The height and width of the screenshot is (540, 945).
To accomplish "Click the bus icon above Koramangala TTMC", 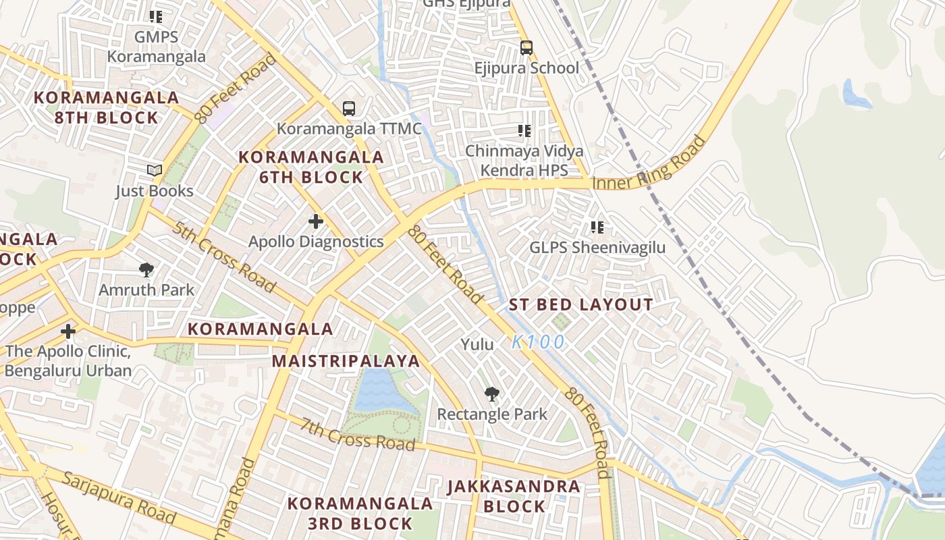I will pyautogui.click(x=348, y=108).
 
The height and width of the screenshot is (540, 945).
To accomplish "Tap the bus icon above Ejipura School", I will pyautogui.click(x=526, y=48).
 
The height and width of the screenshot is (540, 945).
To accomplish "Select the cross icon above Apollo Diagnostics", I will pyautogui.click(x=315, y=221).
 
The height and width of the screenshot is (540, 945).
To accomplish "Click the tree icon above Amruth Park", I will pyautogui.click(x=146, y=270).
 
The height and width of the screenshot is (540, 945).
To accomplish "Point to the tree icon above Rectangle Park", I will pyautogui.click(x=492, y=394).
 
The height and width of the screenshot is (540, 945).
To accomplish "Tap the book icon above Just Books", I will pyautogui.click(x=155, y=170).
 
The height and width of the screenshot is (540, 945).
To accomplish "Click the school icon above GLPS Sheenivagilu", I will pyautogui.click(x=597, y=227).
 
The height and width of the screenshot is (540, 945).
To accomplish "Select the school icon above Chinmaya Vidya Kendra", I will pyautogui.click(x=524, y=130).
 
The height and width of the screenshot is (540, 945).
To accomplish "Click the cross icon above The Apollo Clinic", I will pyautogui.click(x=67, y=331).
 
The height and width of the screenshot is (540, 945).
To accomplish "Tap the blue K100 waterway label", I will pyautogui.click(x=537, y=342).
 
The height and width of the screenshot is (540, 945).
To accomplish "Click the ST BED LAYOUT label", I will pyautogui.click(x=580, y=304).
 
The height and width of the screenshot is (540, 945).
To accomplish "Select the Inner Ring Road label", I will pyautogui.click(x=649, y=164).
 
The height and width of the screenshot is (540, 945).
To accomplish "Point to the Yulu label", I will pyautogui.click(x=477, y=344).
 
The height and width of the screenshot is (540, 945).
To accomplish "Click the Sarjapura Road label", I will pyautogui.click(x=119, y=498).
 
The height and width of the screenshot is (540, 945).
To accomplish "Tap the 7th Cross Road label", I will pyautogui.click(x=357, y=435).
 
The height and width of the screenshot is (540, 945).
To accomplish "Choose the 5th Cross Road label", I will pyautogui.click(x=223, y=256).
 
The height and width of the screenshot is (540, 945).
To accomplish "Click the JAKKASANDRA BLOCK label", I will pyautogui.click(x=514, y=496).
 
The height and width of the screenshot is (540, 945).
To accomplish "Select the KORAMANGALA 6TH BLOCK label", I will pyautogui.click(x=310, y=167).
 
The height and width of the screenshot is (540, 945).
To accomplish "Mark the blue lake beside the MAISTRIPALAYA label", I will pyautogui.click(x=381, y=391).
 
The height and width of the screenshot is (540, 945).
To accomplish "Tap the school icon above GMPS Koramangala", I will pyautogui.click(x=156, y=17).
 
